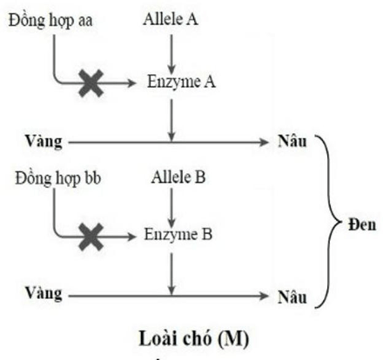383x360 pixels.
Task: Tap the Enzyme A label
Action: point(181,83)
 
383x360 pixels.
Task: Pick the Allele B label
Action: point(176,179)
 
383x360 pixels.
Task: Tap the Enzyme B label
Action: point(178,234)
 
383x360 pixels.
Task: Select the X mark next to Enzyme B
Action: point(89,235)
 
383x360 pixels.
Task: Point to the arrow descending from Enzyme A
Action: point(173,117)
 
